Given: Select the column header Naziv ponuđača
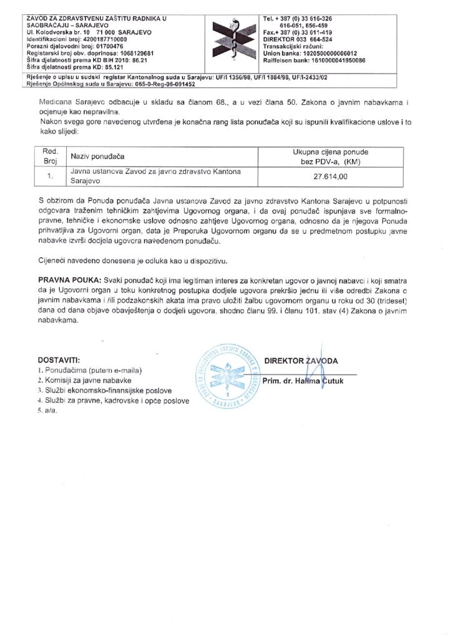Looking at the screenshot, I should coord(97,155).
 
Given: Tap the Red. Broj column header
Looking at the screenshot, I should coord(49,155).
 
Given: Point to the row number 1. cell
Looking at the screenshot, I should coord(49,177).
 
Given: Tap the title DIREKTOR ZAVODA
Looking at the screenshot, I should coord(301,361).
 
